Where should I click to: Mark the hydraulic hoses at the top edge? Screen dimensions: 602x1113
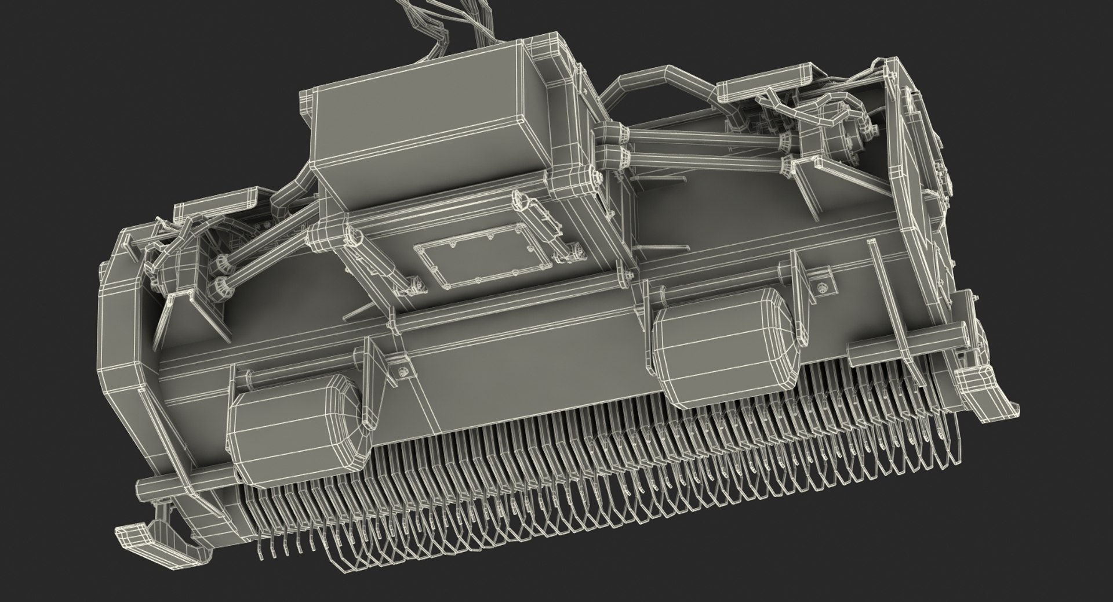pyautogui.click(x=441, y=23)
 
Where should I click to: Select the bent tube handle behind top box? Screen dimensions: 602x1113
pyautogui.click(x=661, y=87)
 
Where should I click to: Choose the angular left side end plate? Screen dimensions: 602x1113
pyautogui.click(x=122, y=325)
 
